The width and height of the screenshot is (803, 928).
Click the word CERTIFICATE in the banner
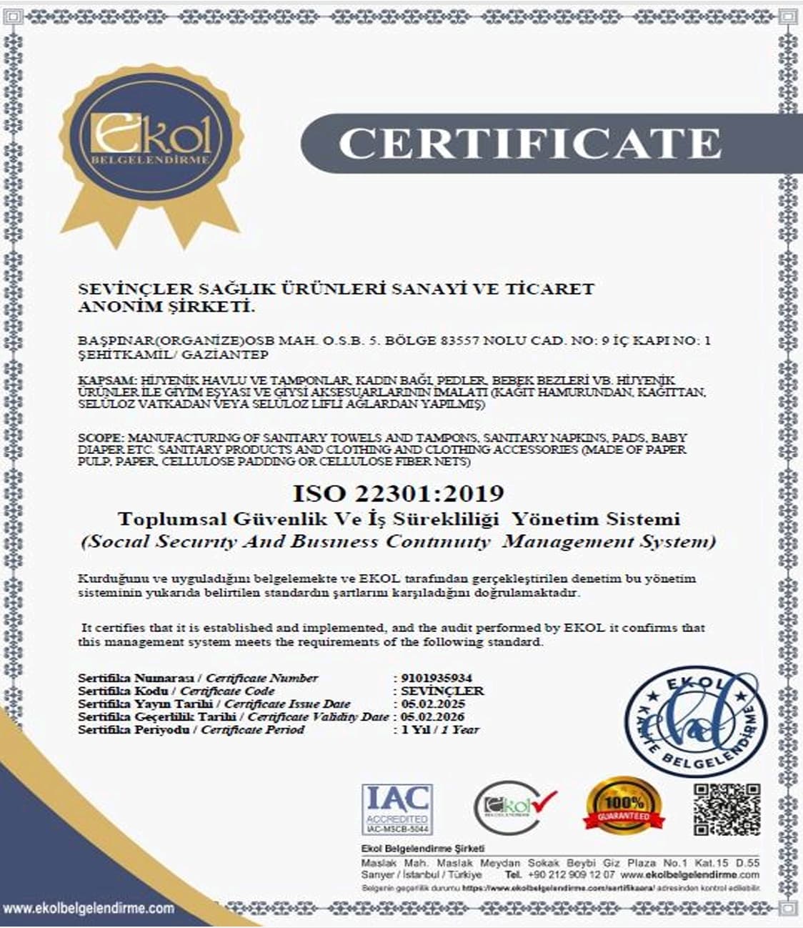click(529, 143)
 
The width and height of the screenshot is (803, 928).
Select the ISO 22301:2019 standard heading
click(398, 493)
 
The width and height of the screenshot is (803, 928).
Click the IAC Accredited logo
click(396, 809)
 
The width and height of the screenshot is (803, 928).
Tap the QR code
click(727, 809)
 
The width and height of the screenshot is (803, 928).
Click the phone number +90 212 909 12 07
click(571, 874)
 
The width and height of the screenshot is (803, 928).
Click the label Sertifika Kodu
click(123, 691)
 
